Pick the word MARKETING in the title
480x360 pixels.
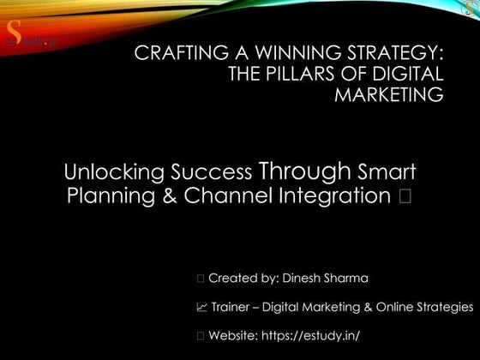click(x=389, y=94)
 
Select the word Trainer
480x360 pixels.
click(x=231, y=306)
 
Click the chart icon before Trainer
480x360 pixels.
click(x=201, y=306)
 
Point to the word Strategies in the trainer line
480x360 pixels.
click(x=443, y=306)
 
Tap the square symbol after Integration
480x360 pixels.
click(x=405, y=195)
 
